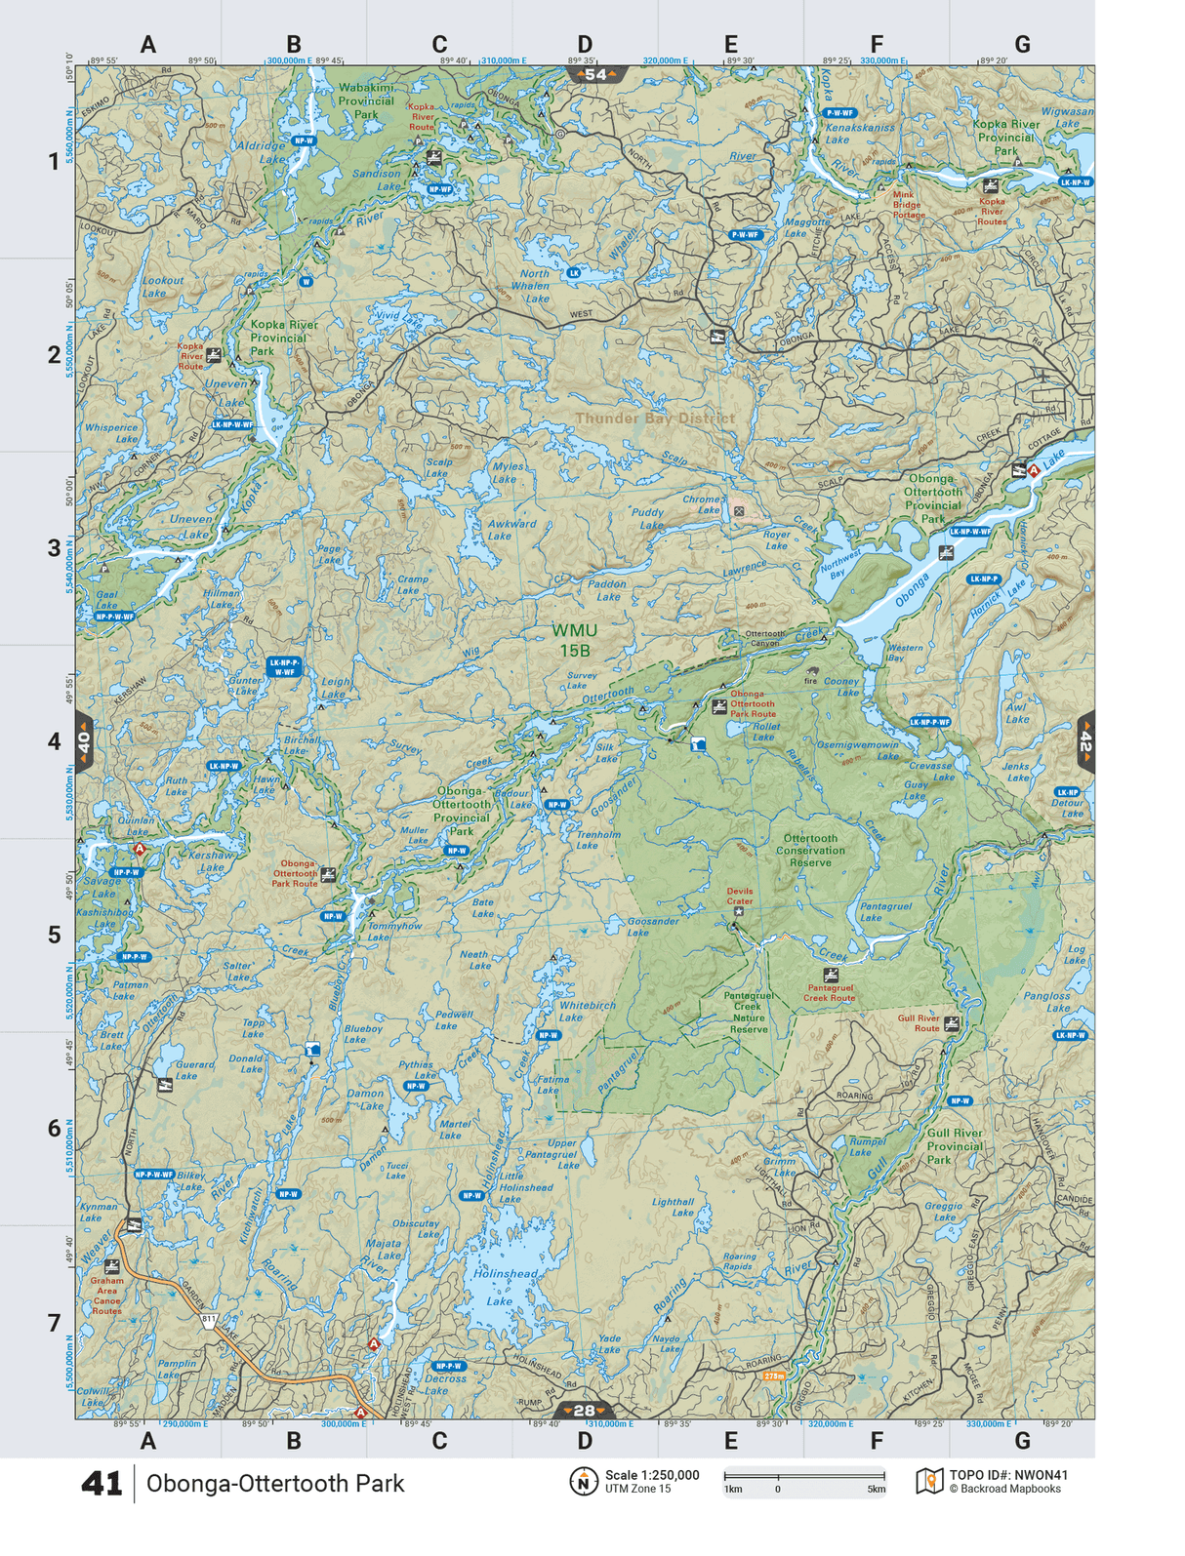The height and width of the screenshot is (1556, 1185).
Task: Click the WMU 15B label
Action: click(x=574, y=641)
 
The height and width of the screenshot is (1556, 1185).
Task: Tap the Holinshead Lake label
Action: click(x=504, y=1287)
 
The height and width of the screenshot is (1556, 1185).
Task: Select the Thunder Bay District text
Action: click(x=654, y=418)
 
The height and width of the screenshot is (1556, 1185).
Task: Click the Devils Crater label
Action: click(x=740, y=896)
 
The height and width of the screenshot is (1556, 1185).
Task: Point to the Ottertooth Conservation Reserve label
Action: click(x=810, y=850)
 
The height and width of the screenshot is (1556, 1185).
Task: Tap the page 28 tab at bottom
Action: click(x=584, y=1411)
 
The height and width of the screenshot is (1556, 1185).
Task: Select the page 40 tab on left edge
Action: click(x=84, y=742)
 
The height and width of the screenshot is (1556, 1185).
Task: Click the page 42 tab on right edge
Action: click(x=1085, y=742)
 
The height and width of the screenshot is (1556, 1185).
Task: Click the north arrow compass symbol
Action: click(x=583, y=1481)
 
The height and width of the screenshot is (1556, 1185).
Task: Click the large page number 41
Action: click(x=102, y=1484)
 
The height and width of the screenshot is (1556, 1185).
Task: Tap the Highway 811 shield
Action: click(x=209, y=1320)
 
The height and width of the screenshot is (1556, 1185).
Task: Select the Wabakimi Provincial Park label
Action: click(x=366, y=100)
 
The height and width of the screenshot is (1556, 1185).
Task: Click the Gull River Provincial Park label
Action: click(x=954, y=1146)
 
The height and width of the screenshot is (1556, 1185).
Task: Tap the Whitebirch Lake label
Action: click(x=587, y=1011)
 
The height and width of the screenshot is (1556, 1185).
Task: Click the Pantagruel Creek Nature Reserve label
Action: click(x=749, y=1013)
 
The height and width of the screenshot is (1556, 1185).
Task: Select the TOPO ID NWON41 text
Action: click(x=1008, y=1475)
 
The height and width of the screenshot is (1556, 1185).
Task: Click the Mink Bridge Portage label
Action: click(x=907, y=205)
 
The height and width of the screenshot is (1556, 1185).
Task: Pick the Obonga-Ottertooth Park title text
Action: click(x=275, y=1484)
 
